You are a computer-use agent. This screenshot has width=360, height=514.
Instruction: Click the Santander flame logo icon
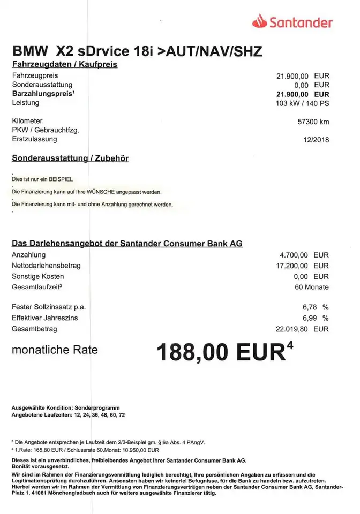point(260,21)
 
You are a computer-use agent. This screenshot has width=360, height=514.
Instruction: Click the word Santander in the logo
point(301,22)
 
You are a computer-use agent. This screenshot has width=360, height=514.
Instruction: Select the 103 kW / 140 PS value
point(302,103)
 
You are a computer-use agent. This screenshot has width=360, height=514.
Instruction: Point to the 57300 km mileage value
point(313,122)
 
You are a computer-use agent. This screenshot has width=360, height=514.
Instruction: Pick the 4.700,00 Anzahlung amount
point(295,255)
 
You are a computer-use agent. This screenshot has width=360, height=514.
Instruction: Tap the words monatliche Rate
point(55,350)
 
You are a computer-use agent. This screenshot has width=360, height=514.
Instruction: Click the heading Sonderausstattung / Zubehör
point(70,158)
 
